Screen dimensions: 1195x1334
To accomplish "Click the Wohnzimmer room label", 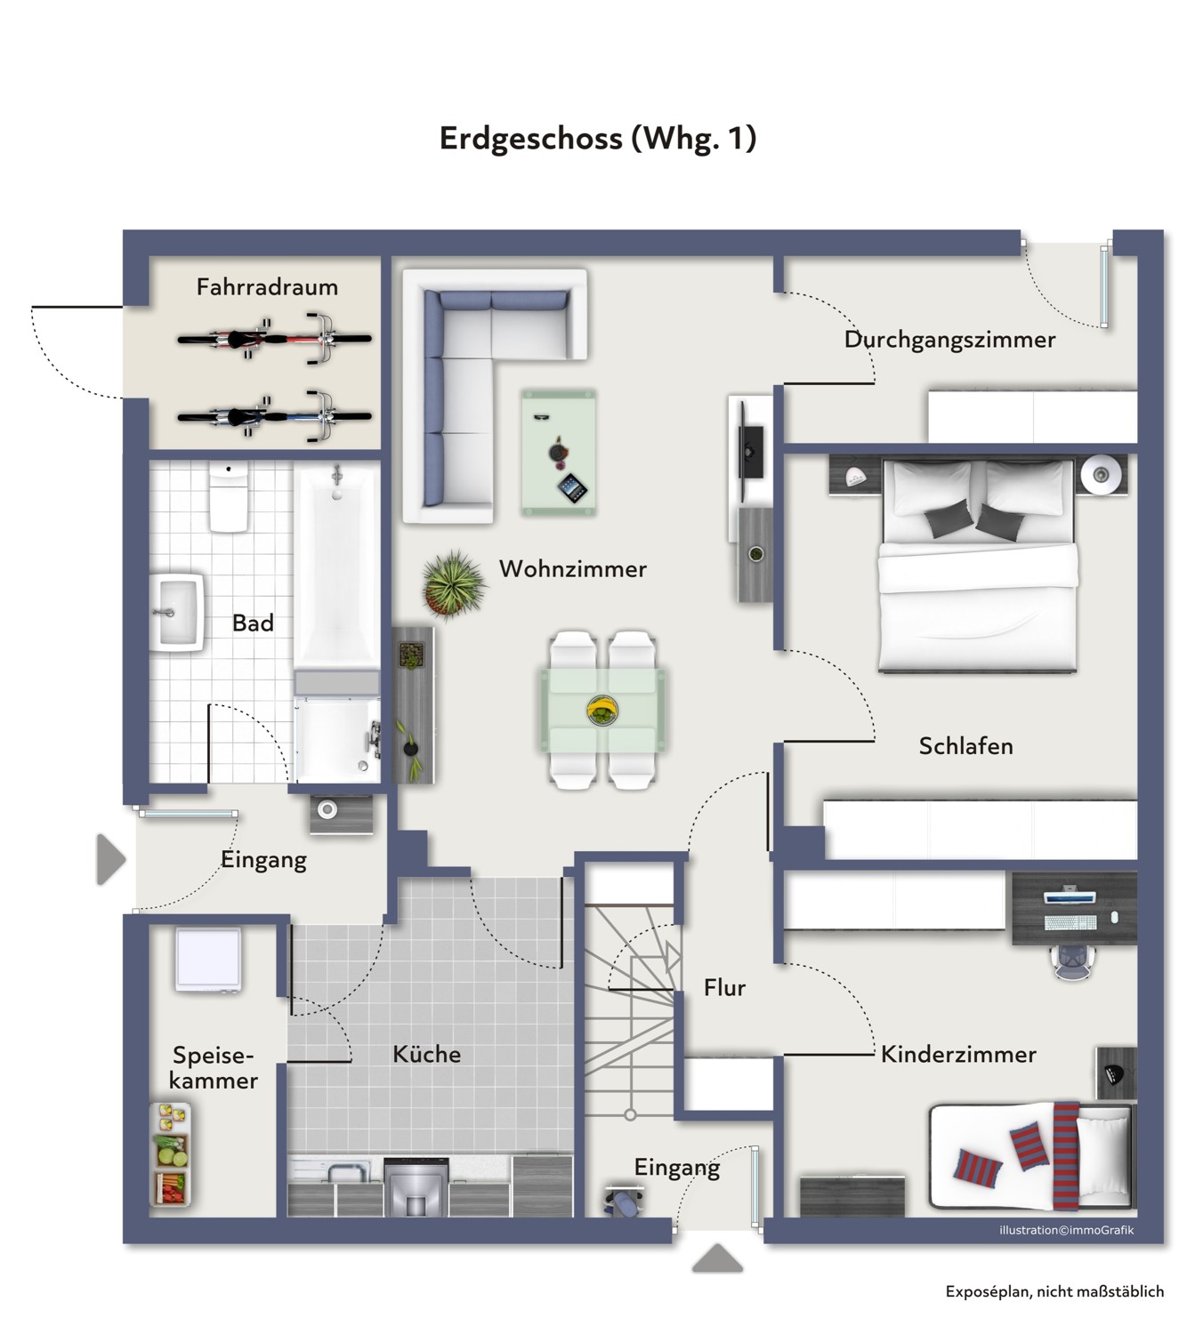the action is point(572,569).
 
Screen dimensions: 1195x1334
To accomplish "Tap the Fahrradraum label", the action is point(267,287).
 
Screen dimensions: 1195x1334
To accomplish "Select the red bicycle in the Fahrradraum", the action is point(275,339).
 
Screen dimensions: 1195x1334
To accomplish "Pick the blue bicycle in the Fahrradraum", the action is point(275,416).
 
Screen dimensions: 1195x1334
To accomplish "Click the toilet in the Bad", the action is point(229,496).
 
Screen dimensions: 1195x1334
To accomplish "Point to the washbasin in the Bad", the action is point(176,613).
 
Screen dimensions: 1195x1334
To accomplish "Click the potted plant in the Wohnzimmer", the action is point(453,584).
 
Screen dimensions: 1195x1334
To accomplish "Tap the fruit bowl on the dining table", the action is point(602,711).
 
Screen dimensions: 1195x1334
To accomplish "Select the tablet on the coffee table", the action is point(572,488).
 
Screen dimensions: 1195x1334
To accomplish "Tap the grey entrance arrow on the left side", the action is point(110,859).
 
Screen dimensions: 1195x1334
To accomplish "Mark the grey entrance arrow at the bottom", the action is point(717,1258).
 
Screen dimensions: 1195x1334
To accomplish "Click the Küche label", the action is point(426,1054).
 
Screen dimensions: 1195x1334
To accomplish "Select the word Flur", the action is point(724,988).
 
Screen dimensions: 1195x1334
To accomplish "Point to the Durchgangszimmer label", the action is point(950,339).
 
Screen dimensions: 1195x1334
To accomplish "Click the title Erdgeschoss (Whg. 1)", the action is point(598,138).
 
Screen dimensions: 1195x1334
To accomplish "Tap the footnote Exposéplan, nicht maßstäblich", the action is point(1054,1292).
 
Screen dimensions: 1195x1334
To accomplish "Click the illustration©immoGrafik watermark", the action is point(1067,1230).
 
